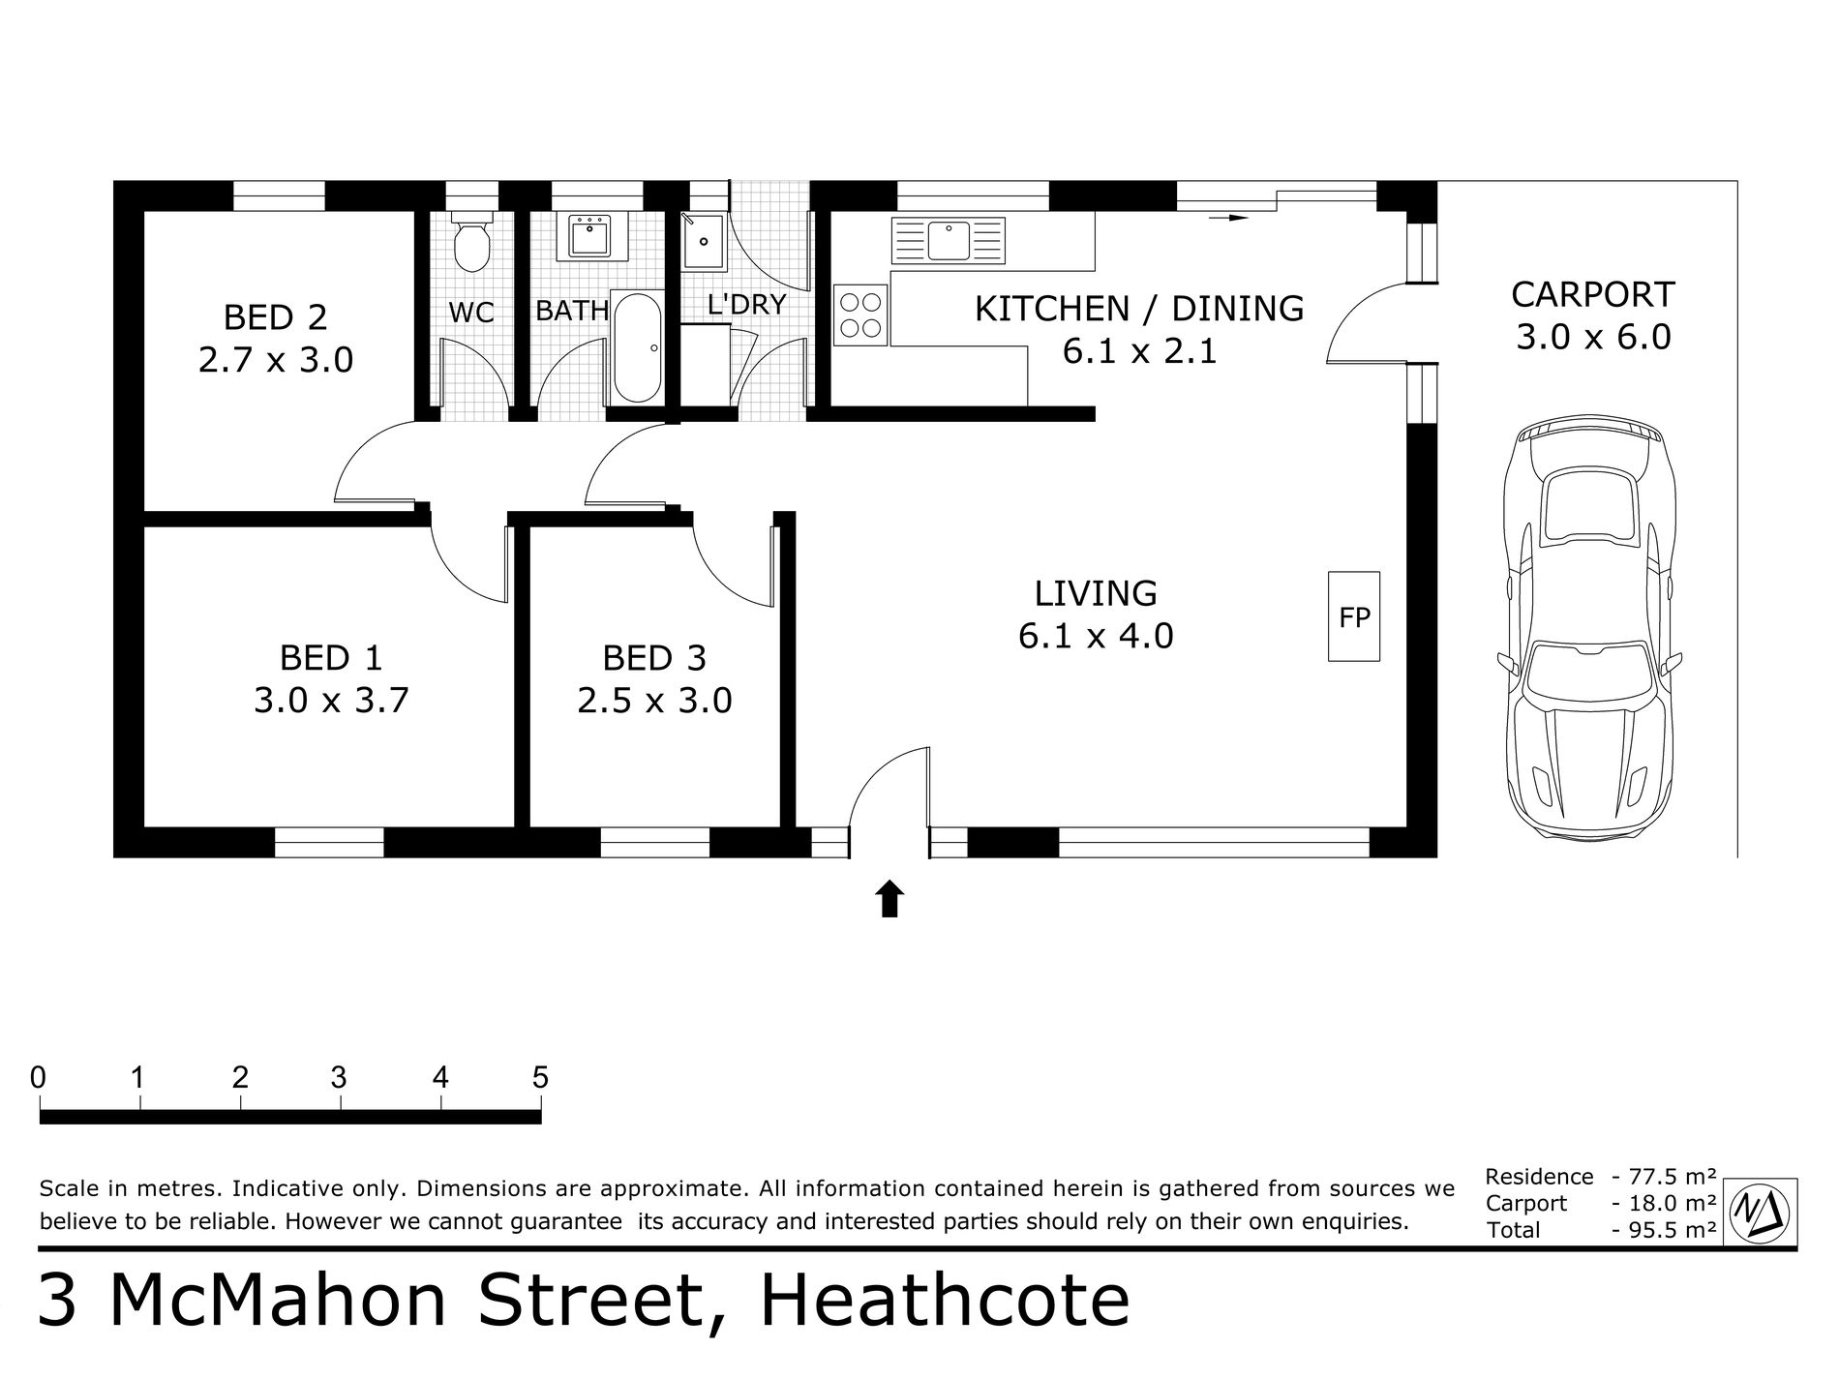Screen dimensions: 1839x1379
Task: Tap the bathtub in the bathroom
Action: pyautogui.click(x=638, y=346)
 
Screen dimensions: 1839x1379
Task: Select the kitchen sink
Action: pyautogui.click(x=949, y=241)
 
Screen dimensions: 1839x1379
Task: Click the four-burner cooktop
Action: pyautogui.click(x=861, y=315)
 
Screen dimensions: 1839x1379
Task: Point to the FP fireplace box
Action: pyautogui.click(x=1354, y=616)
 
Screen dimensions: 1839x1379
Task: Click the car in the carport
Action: pyautogui.click(x=1588, y=629)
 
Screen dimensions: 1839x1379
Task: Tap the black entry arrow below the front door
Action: pyautogui.click(x=889, y=899)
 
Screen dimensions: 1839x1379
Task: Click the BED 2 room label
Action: pyautogui.click(x=275, y=317)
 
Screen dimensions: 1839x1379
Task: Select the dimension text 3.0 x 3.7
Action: pyautogui.click(x=331, y=700)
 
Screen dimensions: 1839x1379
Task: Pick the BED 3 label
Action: pyautogui.click(x=654, y=658)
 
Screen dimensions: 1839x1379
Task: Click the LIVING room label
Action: pyautogui.click(x=1096, y=592)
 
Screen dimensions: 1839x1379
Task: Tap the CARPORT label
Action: pyautogui.click(x=1593, y=293)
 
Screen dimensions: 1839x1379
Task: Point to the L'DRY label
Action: pyautogui.click(x=746, y=304)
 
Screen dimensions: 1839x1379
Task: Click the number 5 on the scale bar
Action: pyautogui.click(x=540, y=1077)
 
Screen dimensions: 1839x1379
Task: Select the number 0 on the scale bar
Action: pyautogui.click(x=38, y=1077)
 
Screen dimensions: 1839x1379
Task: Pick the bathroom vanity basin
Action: pyautogui.click(x=588, y=236)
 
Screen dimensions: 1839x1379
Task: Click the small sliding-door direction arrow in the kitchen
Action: pyautogui.click(x=1228, y=219)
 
